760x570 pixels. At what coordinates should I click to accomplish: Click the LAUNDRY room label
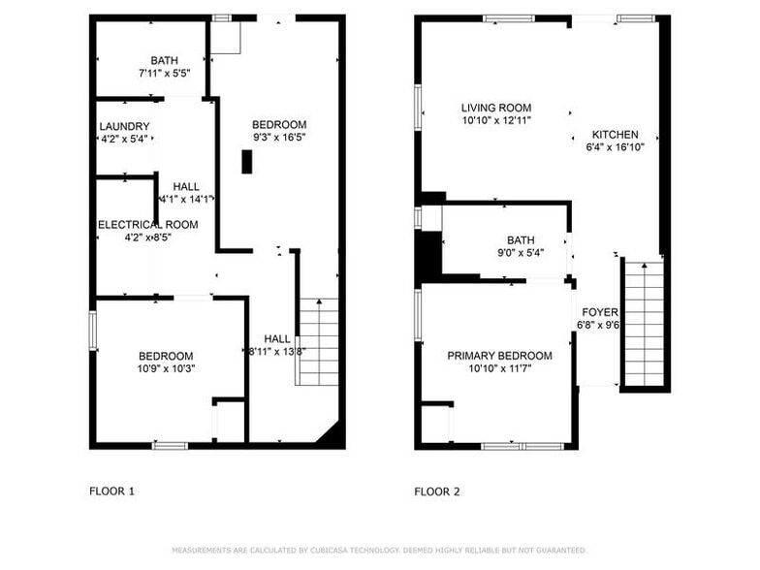(124, 126)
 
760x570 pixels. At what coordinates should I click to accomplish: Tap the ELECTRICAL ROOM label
(147, 224)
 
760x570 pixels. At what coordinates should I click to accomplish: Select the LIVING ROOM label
(495, 108)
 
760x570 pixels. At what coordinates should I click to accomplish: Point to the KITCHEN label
(615, 135)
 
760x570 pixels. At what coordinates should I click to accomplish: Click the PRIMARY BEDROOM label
(499, 356)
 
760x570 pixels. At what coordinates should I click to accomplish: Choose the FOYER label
(598, 312)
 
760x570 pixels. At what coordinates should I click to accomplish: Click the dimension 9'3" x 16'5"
(279, 138)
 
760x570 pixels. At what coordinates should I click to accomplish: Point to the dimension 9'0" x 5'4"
(520, 253)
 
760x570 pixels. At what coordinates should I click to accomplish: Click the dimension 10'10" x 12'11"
(495, 120)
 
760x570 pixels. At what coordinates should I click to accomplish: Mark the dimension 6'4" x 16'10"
(615, 147)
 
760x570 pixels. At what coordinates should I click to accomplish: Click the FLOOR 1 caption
(111, 491)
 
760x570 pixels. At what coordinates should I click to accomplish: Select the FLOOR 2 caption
(437, 491)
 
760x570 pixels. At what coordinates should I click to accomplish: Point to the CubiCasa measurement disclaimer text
(379, 549)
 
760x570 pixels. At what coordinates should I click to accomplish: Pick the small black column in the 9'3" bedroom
(246, 163)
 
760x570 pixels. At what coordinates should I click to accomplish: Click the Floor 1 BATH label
(164, 60)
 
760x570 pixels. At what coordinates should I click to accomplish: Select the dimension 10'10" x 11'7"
(499, 368)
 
